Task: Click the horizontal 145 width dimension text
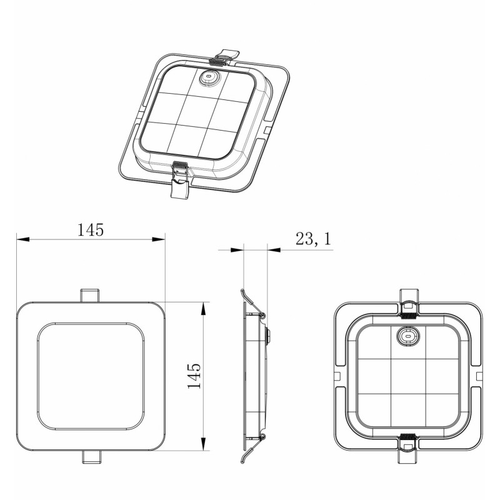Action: tap(91, 229)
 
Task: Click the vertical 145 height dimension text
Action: tap(194, 376)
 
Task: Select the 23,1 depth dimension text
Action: tap(314, 239)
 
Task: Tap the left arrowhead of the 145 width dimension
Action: tap(23, 239)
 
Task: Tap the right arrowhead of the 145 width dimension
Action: tap(159, 239)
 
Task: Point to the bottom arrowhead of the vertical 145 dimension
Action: tap(202, 444)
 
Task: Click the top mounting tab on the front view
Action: tap(89, 295)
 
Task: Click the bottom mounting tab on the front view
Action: tap(91, 457)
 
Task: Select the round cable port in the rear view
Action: tap(408, 336)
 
